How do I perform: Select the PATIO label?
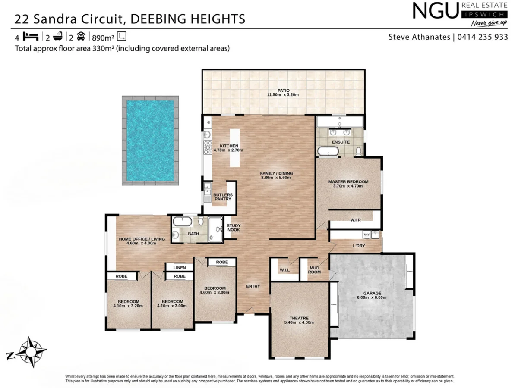pyautogui.click(x=283, y=91)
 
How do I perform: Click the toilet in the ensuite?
pyautogui.click(x=358, y=151)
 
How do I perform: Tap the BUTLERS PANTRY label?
pyautogui.click(x=223, y=197)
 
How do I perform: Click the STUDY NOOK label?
pyautogui.click(x=234, y=228)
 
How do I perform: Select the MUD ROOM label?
pyautogui.click(x=314, y=270)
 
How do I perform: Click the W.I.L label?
pyautogui.click(x=284, y=270)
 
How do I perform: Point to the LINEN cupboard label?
pyautogui.click(x=180, y=268)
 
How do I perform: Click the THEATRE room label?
pyautogui.click(x=296, y=318)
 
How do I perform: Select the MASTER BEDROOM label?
pyautogui.click(x=348, y=182)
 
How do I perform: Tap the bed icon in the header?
pyautogui.click(x=32, y=36)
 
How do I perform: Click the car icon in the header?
pyautogui.click(x=81, y=36)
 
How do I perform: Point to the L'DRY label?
pyautogui.click(x=359, y=246)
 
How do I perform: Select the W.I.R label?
pyautogui.click(x=355, y=220)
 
